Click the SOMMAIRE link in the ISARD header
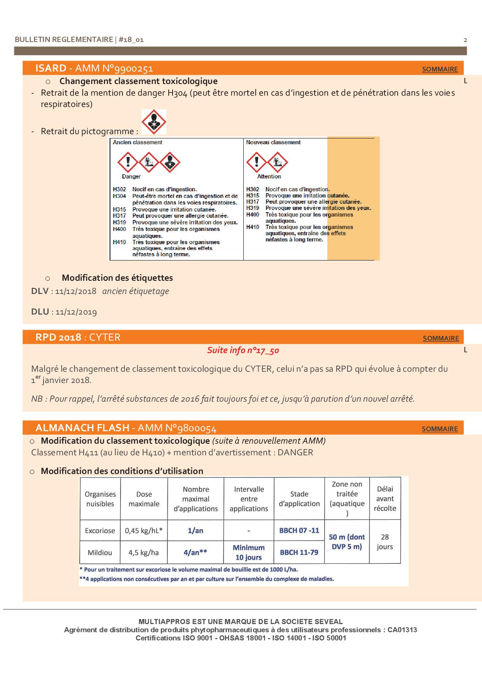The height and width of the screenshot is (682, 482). (x=440, y=69)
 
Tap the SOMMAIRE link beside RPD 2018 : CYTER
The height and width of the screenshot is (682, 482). (x=440, y=338)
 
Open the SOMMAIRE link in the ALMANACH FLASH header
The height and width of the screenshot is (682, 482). (x=440, y=429)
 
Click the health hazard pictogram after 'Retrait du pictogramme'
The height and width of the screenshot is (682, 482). (x=154, y=122)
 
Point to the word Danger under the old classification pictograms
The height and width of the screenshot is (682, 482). (x=131, y=177)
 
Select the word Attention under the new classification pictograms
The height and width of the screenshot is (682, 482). (x=269, y=177)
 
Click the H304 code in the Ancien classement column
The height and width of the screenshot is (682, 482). (x=120, y=196)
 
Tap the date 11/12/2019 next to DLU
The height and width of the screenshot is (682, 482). (x=76, y=312)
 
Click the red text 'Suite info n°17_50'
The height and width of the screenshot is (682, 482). (x=243, y=350)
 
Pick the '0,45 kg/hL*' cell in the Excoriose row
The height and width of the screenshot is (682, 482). (x=144, y=530)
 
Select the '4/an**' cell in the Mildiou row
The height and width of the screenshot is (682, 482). (x=195, y=552)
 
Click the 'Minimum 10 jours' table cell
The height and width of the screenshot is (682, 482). (x=248, y=552)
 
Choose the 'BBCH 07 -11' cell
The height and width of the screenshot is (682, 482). (x=299, y=530)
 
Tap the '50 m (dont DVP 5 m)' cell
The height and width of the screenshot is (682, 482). (x=347, y=542)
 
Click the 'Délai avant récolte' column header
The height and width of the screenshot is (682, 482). (x=385, y=498)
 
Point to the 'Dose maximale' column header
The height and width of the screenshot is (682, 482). (x=144, y=499)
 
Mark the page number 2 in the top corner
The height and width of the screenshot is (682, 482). (x=465, y=40)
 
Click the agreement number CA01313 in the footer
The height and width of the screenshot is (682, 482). (x=402, y=630)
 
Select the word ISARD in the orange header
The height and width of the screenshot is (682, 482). (x=51, y=68)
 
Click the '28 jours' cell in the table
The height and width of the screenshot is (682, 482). (x=385, y=542)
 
